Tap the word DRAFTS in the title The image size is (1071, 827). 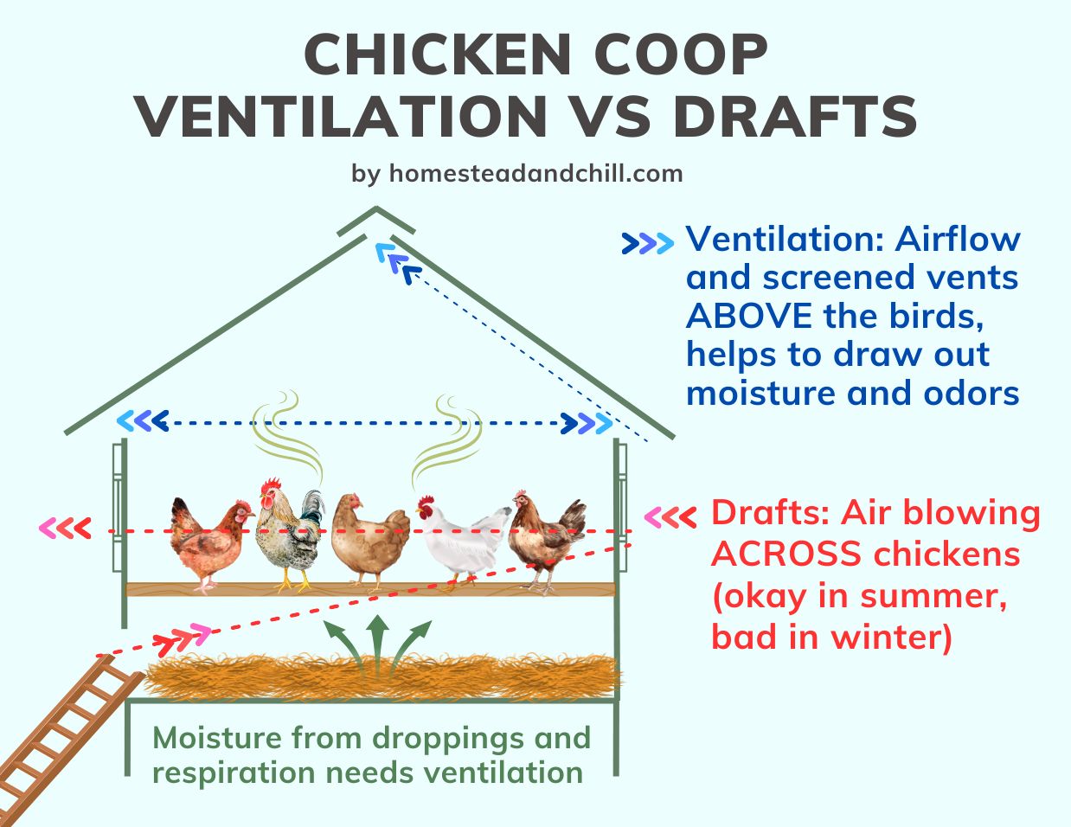point(795,117)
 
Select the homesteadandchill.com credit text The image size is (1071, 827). point(535,173)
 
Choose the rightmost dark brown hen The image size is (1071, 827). point(545,542)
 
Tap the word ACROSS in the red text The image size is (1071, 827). point(798,554)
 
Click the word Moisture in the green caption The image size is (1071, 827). point(216,739)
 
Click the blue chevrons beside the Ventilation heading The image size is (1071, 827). point(647,244)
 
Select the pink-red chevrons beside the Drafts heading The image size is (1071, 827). point(670,517)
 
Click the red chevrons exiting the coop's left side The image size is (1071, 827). point(65,528)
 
